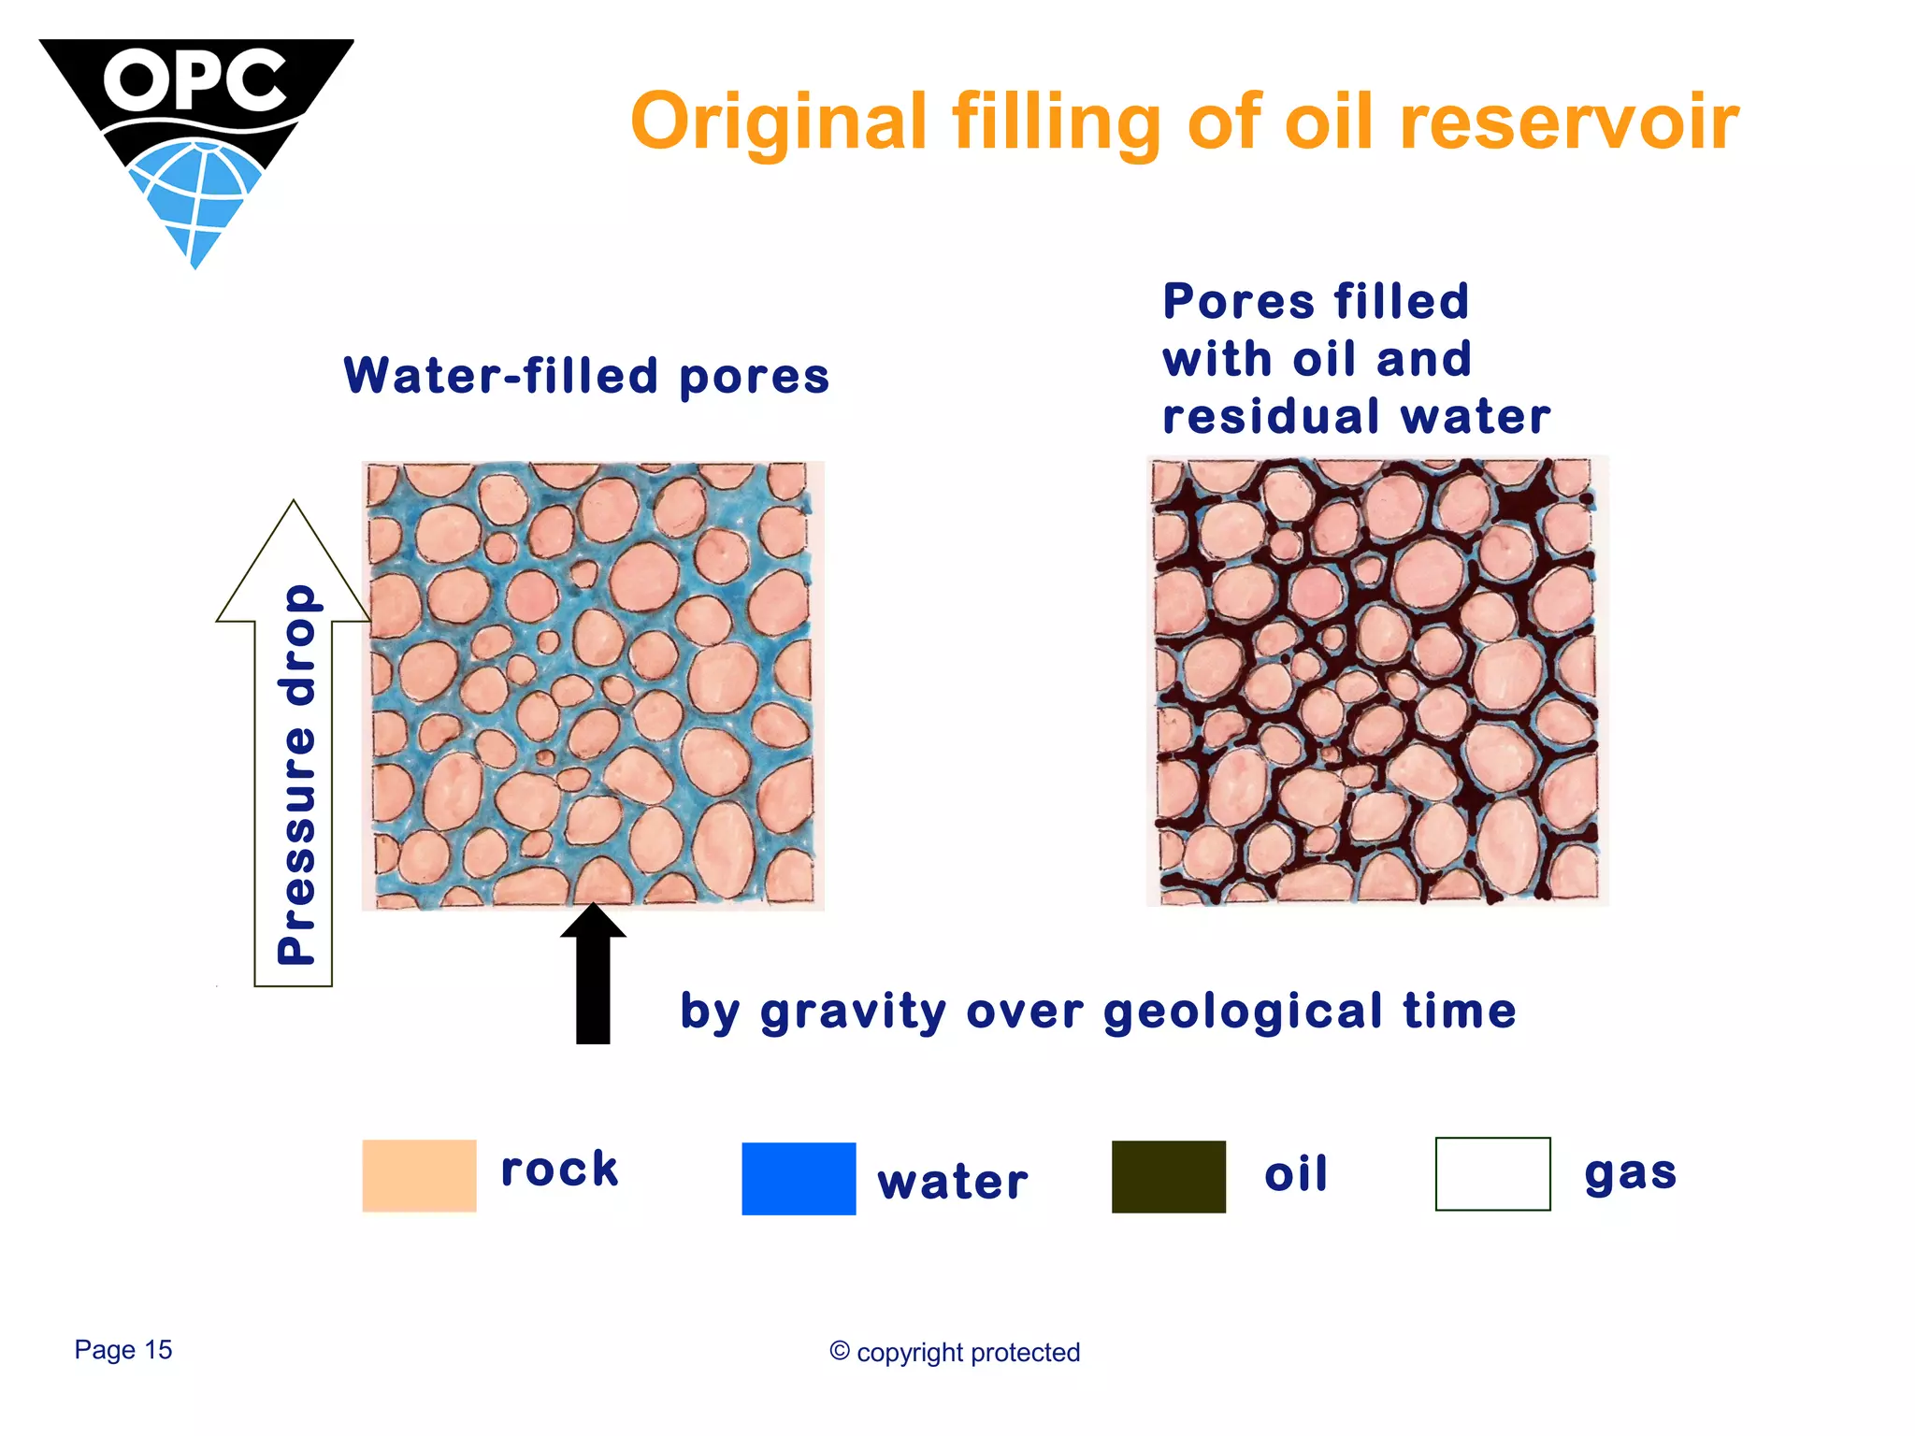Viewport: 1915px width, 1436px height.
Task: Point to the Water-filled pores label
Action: [x=586, y=376]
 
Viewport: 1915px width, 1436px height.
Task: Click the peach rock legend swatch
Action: [x=419, y=1175]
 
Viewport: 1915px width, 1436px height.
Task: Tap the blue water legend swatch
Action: [x=799, y=1178]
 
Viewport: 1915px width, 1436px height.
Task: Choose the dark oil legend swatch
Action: [x=1168, y=1176]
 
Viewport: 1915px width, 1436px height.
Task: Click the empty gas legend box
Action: [x=1492, y=1173]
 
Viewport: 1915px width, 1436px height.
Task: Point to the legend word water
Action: [x=952, y=1182]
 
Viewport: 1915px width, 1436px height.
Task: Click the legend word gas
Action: [x=1630, y=1172]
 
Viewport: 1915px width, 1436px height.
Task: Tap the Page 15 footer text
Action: [x=123, y=1349]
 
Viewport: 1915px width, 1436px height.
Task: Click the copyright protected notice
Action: [x=955, y=1352]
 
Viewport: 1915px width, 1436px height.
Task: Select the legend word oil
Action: [x=1295, y=1173]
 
